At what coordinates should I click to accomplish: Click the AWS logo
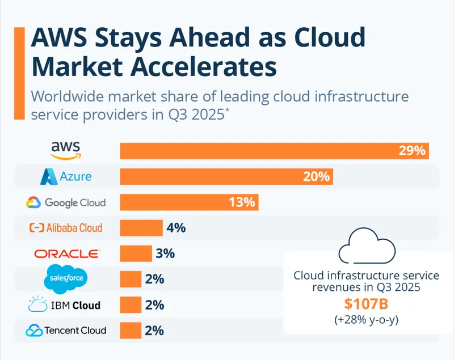66,150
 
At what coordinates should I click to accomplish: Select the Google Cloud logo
66,202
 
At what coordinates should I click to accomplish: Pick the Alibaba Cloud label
66,228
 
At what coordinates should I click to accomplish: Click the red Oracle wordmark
67,253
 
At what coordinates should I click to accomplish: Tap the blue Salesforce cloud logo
66,278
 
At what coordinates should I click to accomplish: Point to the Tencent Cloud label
66,331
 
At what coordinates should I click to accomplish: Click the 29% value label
411,151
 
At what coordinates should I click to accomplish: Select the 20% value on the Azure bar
316,176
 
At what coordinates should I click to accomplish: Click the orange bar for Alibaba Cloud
141,228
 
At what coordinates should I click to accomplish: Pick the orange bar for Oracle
136,253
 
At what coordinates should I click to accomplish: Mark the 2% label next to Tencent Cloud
154,331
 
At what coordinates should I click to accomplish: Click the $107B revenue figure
366,304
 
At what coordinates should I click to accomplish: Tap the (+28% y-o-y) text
366,319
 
